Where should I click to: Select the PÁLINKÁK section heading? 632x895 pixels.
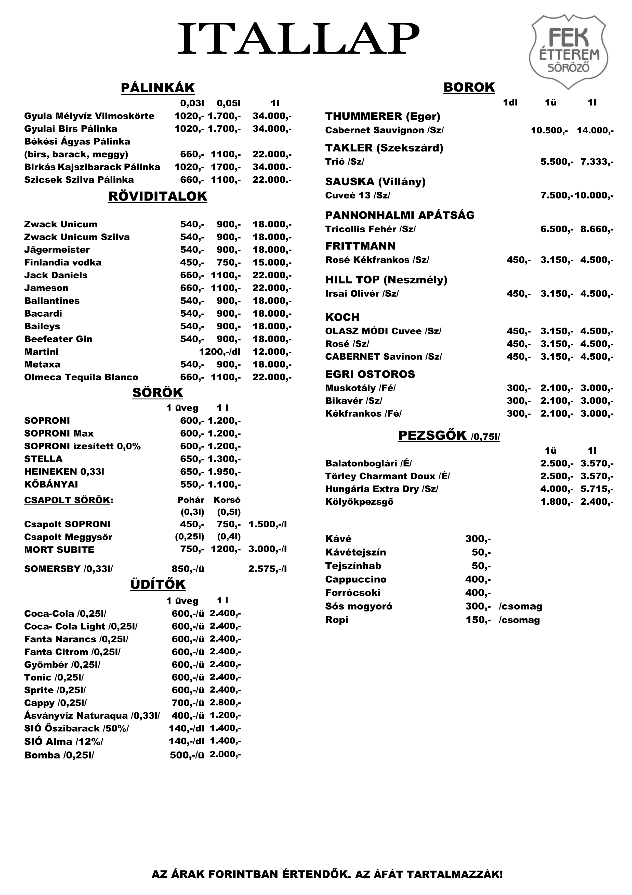158,88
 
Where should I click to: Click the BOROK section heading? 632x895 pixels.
469,87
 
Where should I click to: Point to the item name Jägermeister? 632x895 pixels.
57,250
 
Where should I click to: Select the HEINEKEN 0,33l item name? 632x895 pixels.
64,472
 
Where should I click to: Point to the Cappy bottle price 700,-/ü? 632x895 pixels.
188,703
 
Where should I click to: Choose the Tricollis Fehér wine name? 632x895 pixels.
370,229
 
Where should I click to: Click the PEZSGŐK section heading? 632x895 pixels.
432,435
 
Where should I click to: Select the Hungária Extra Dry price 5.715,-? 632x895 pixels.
597,489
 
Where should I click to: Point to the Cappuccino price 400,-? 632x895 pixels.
478,579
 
